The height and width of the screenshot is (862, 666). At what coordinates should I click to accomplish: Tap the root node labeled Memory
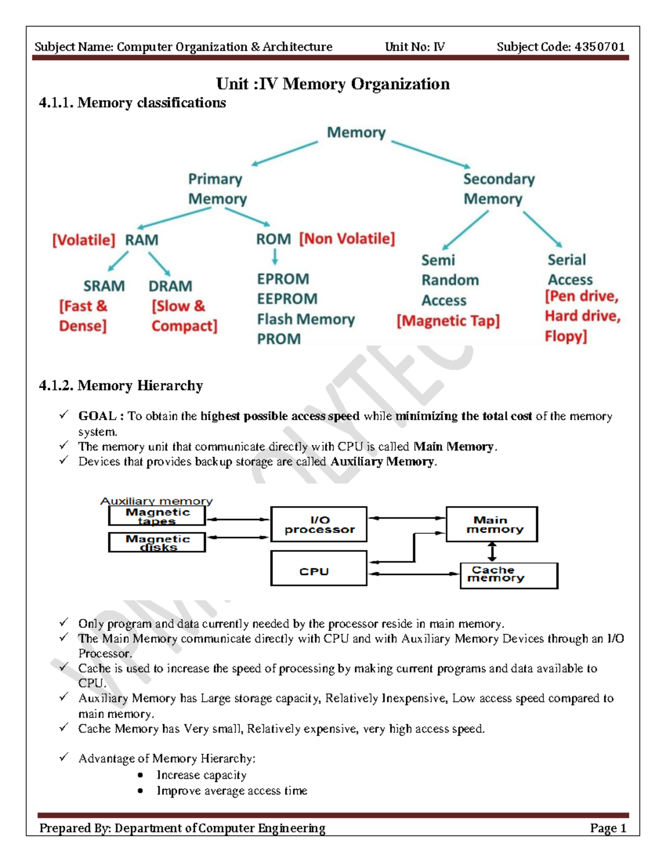356,133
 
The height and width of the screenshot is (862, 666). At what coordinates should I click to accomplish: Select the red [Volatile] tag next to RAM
84,240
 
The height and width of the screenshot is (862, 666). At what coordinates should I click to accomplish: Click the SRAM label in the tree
104,286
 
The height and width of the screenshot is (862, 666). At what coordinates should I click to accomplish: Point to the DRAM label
170,286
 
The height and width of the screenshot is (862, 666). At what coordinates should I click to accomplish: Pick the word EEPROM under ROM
287,299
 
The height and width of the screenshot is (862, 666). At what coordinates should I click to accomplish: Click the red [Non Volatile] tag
347,239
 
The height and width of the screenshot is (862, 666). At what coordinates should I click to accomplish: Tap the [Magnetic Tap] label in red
448,321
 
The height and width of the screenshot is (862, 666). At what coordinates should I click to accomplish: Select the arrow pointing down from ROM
275,256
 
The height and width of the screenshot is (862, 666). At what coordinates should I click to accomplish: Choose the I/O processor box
319,524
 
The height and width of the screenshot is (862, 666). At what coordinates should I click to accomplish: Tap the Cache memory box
508,576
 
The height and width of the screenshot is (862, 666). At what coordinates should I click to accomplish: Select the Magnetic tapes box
157,516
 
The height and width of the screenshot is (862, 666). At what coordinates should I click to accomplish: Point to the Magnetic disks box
157,542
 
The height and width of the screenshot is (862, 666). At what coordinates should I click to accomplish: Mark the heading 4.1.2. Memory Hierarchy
120,385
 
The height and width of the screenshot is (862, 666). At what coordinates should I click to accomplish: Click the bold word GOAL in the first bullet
97,416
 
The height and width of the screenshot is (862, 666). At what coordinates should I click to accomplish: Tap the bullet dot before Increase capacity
140,775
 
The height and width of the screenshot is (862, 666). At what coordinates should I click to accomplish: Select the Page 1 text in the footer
608,828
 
